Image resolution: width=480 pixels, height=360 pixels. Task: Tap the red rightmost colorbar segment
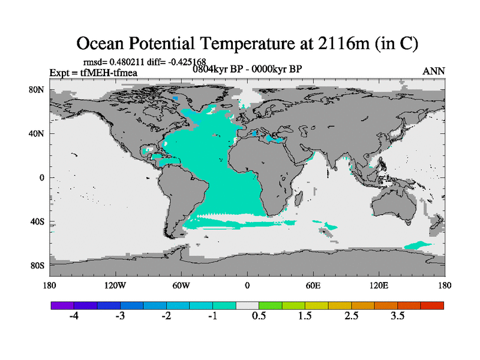pos(432,305)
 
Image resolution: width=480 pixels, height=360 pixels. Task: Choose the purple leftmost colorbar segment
pos(62,305)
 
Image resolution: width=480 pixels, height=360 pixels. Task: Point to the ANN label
pos(433,71)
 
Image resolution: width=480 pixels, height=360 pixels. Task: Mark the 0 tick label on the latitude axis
pos(42,178)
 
